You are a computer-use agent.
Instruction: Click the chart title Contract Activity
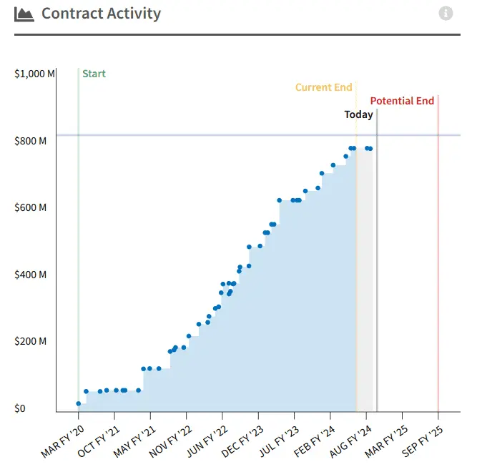[x=101, y=14]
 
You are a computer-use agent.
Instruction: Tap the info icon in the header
[x=446, y=14]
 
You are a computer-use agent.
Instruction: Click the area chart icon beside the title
[x=24, y=14]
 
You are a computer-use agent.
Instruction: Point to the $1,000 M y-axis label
[x=34, y=74]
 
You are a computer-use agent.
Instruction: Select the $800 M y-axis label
[x=31, y=141]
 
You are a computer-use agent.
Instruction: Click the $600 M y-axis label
[x=31, y=207]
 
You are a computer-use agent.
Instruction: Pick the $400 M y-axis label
[x=31, y=275]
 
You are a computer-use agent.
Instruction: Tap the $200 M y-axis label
[x=31, y=341]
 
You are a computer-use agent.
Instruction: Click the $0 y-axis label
[x=21, y=408]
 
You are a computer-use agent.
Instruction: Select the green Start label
[x=94, y=74]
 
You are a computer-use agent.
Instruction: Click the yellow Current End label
[x=324, y=87]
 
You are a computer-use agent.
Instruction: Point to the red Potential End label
[x=402, y=101]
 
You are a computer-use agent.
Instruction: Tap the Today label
[x=358, y=114]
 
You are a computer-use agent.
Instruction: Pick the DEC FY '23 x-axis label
[x=241, y=442]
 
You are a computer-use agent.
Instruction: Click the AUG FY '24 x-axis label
[x=349, y=442]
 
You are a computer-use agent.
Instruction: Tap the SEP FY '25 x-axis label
[x=421, y=442]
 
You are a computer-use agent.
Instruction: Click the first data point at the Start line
[x=79, y=404]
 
